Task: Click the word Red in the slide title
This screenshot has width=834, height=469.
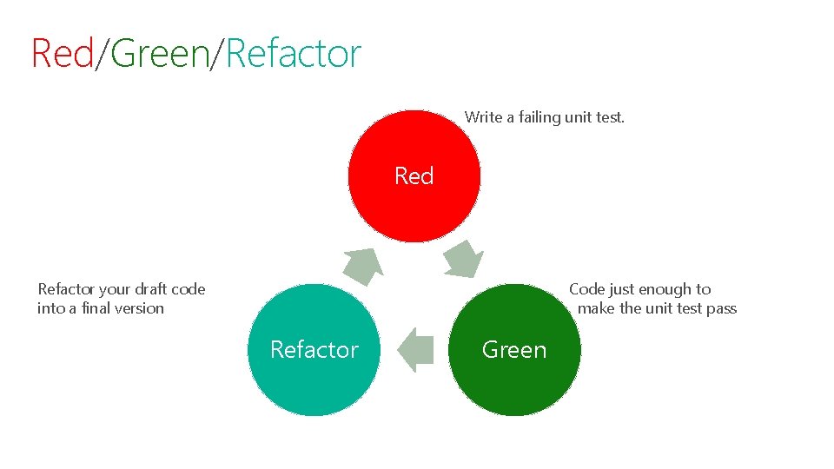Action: pos(62,54)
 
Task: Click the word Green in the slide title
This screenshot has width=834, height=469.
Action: pos(161,54)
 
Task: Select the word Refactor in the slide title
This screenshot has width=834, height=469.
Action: pos(293,54)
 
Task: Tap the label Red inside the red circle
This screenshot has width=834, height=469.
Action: pos(414,176)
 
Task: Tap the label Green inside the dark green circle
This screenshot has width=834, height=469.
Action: pos(514,350)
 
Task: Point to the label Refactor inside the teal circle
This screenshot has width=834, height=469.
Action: pos(314,350)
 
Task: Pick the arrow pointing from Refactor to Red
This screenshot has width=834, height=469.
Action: pos(363,265)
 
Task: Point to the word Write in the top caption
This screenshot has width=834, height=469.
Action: pos(483,117)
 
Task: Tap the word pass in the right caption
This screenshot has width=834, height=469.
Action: pos(721,308)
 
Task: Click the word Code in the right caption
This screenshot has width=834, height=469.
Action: pos(586,289)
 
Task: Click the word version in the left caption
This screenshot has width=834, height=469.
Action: pos(141,308)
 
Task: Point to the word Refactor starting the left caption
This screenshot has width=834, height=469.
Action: pos(63,289)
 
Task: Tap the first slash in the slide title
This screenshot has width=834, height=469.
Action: pos(103,54)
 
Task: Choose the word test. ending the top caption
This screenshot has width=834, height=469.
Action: pos(609,117)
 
